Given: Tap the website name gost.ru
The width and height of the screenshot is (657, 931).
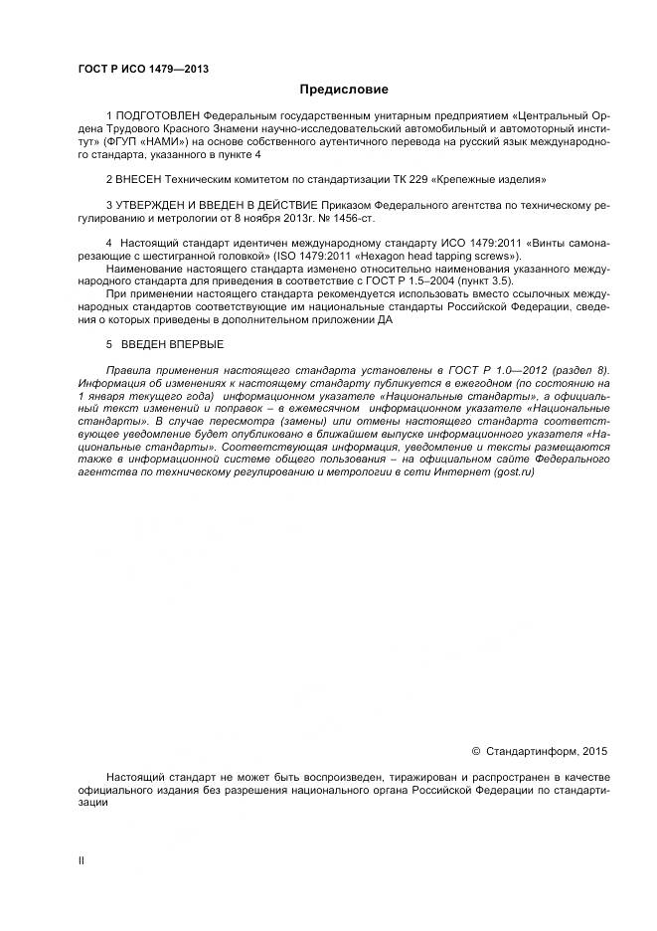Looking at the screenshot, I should (514, 471).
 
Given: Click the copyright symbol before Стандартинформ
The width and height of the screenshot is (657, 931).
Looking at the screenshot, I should (475, 752).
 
